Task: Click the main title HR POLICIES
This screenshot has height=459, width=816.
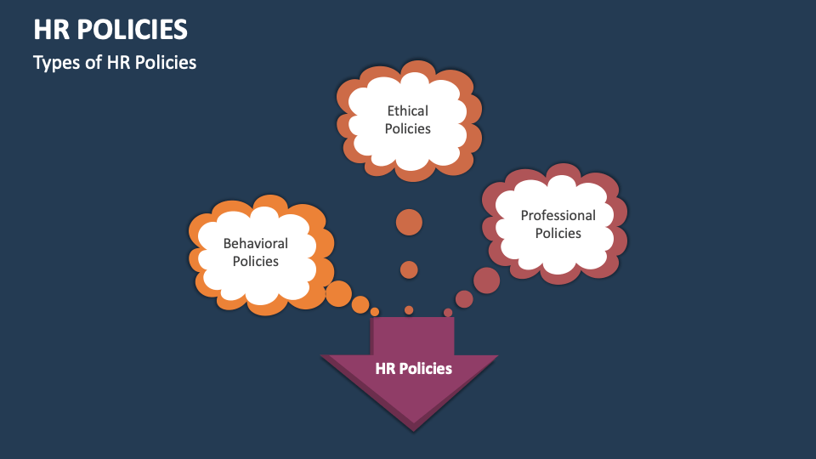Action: point(110,30)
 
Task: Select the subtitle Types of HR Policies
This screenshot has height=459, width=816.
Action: point(115,63)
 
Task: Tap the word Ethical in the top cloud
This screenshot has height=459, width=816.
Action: point(408,110)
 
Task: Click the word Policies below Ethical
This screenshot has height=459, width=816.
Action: point(408,129)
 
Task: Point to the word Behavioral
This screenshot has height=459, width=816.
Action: point(255,243)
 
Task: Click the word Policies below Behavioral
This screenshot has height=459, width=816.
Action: point(255,262)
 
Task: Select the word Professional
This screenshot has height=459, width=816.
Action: point(558,215)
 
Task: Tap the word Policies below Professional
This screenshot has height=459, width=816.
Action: point(558,234)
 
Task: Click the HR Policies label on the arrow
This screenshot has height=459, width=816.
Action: point(413,368)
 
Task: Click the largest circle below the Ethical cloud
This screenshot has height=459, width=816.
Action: point(409,222)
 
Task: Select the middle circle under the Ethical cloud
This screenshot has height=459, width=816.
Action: point(409,269)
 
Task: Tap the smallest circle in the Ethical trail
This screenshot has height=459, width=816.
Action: point(409,310)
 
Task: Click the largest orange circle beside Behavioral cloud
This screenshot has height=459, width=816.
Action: point(338,293)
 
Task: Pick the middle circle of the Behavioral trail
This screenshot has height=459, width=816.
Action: point(360,304)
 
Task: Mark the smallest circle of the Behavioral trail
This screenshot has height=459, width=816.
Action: point(375,312)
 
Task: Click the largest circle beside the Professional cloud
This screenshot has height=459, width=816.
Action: point(486,280)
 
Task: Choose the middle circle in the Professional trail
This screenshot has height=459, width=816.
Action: point(464,298)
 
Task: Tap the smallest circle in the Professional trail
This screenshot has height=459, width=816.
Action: point(448,312)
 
